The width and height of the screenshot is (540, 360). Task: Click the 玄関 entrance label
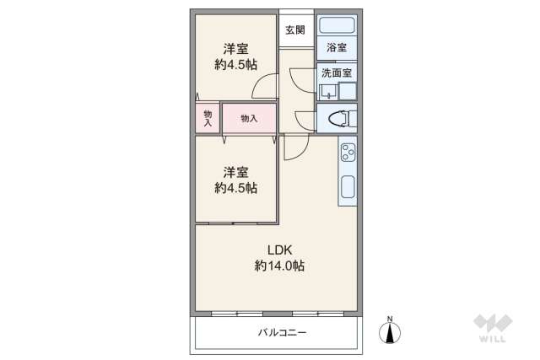[x=294, y=31]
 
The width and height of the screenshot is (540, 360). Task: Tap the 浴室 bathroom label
[x=337, y=48]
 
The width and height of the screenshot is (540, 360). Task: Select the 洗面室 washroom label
[x=337, y=73]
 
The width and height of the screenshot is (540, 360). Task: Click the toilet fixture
[x=336, y=118]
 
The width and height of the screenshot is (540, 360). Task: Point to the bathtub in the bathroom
[x=337, y=25]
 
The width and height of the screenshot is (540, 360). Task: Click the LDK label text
[x=278, y=250]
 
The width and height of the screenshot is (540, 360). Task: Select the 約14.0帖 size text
[x=279, y=266]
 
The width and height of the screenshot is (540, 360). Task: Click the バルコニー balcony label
[x=282, y=333]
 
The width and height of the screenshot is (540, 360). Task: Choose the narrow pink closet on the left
[x=207, y=119]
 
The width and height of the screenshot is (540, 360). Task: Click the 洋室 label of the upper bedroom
[x=235, y=48]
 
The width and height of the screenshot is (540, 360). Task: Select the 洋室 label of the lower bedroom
[x=235, y=171]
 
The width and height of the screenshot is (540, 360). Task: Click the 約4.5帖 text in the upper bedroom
[x=235, y=64]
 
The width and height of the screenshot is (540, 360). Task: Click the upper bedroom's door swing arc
[x=266, y=85]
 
